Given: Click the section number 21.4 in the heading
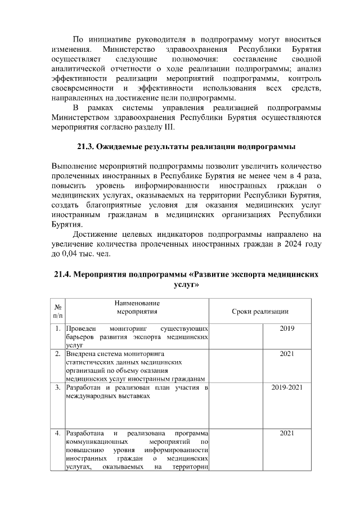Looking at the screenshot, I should pos(64,275).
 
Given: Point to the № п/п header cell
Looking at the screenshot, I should pos(57,311).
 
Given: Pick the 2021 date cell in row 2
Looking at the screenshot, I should pos(287,354).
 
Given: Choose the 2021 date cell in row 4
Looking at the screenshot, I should pos(287,433).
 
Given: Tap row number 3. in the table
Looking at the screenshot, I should pos(58,388).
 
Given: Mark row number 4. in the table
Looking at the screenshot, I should pos(58,433).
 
